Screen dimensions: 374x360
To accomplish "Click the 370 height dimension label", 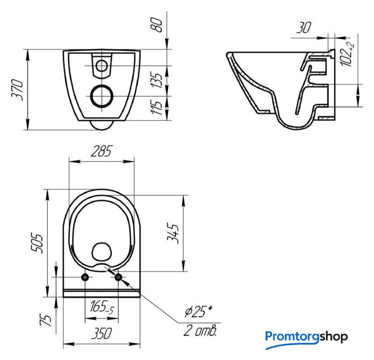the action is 17,89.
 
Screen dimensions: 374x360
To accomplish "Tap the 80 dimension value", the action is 156,25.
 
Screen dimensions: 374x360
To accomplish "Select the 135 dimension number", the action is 156,80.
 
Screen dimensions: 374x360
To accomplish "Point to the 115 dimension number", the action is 156,107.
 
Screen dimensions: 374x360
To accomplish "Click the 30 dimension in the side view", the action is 304,28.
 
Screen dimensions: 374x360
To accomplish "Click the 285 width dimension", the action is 101,151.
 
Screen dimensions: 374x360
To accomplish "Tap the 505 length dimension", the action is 37,243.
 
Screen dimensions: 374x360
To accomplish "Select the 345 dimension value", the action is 173,233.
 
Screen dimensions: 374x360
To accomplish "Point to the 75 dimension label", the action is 46,319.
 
